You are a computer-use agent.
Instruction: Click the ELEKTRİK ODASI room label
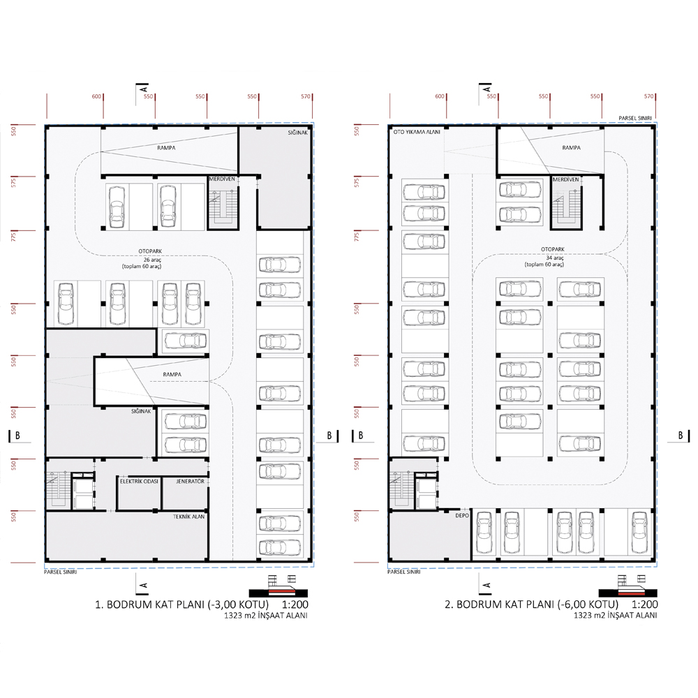pyautogui.click(x=139, y=481)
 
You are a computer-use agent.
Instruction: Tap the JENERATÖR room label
pyautogui.click(x=190, y=481)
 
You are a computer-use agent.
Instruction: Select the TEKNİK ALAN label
pyautogui.click(x=188, y=517)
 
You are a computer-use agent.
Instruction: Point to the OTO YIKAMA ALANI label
pyautogui.click(x=417, y=132)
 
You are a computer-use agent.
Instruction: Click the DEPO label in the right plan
pyautogui.click(x=462, y=515)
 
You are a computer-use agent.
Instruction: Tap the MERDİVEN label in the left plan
pyautogui.click(x=222, y=179)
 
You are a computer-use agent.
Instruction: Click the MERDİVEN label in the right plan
pyautogui.click(x=566, y=179)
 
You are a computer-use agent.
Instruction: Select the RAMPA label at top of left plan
pyautogui.click(x=166, y=148)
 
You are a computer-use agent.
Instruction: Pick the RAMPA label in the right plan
pyautogui.click(x=571, y=147)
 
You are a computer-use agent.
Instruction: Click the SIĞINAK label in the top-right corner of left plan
pyautogui.click(x=298, y=133)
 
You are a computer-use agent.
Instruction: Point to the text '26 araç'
pyautogui.click(x=152, y=260)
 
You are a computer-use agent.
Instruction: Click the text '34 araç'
pyautogui.click(x=555, y=258)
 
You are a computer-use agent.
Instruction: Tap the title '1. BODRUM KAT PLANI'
pyautogui.click(x=149, y=604)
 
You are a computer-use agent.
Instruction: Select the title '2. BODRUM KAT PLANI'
pyautogui.click(x=500, y=604)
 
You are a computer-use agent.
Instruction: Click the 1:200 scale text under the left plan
pyautogui.click(x=295, y=604)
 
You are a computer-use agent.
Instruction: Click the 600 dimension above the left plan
pyautogui.click(x=96, y=96)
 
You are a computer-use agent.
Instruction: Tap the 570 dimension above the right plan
pyautogui.click(x=648, y=96)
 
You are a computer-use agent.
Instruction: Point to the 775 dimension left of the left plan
pyautogui.click(x=13, y=237)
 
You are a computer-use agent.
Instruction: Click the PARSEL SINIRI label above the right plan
pyautogui.click(x=634, y=119)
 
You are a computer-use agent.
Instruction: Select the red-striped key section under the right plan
pyautogui.click(x=628, y=592)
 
